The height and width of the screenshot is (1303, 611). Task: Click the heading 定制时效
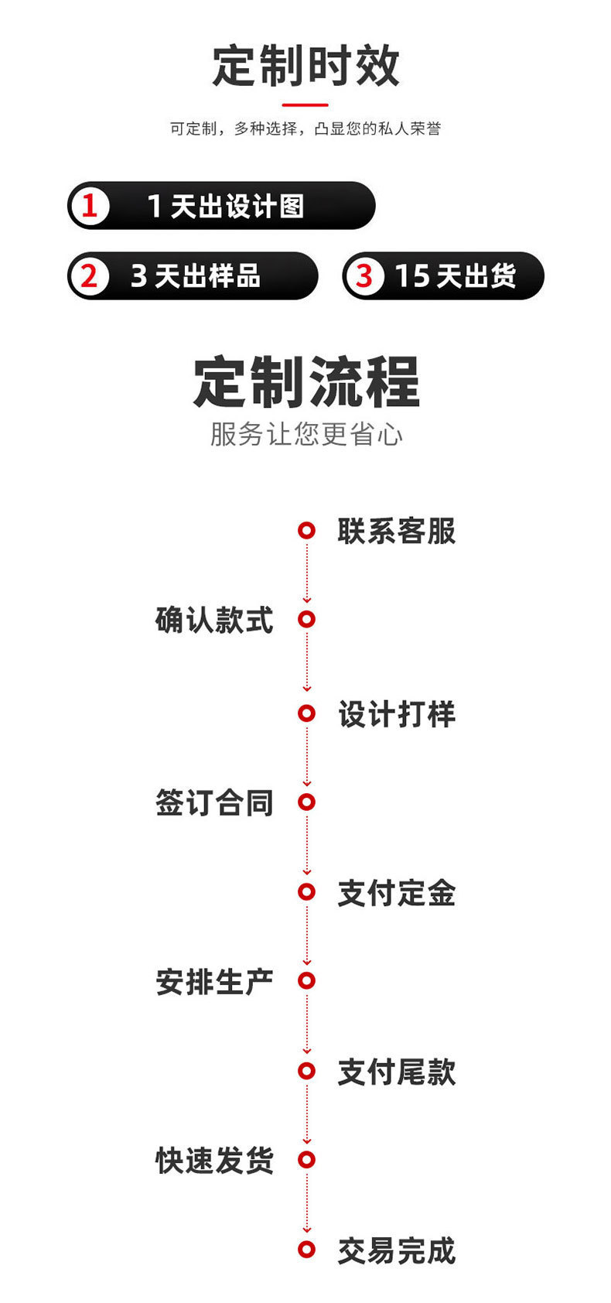(305, 66)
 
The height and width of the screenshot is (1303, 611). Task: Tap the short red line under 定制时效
(305, 104)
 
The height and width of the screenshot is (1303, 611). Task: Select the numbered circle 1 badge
(90, 206)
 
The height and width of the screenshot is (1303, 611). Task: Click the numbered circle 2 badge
(90, 276)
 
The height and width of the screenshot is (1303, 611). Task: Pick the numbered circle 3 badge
(364, 276)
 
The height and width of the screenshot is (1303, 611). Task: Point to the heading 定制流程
(305, 382)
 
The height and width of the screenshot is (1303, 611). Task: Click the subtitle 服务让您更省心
(305, 434)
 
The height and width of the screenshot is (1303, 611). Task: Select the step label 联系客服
(396, 532)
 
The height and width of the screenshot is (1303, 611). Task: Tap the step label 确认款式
(214, 621)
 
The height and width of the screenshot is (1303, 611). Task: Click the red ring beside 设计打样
(307, 713)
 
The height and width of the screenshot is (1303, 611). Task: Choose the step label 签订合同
(214, 802)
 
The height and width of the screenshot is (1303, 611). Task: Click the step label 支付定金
(396, 893)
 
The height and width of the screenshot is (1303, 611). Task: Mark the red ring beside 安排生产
(307, 981)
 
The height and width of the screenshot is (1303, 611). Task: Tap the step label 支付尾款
(396, 1072)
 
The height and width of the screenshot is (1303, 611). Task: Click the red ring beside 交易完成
(307, 1250)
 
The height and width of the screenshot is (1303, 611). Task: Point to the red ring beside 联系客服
(307, 531)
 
